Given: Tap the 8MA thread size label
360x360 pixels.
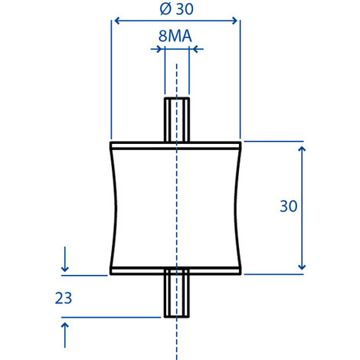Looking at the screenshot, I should (176, 35).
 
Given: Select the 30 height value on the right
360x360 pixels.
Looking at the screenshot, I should (288, 206).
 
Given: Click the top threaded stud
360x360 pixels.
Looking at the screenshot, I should (177, 119).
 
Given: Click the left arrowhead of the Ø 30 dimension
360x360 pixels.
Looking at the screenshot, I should (117, 21).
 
